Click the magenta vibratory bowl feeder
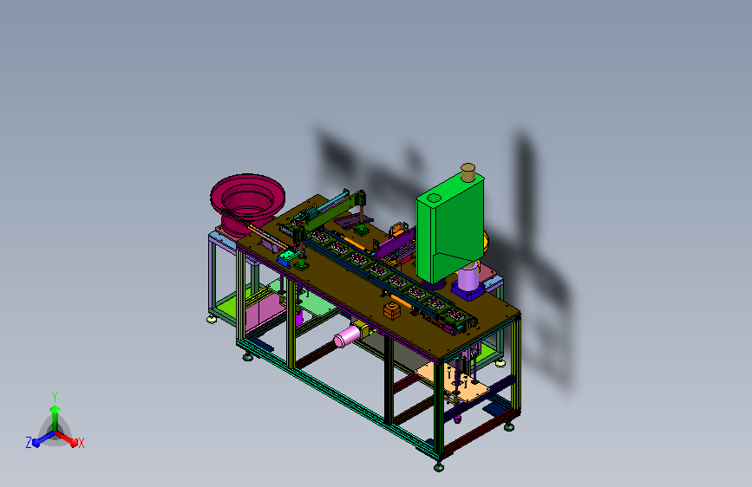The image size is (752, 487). tap(247, 204)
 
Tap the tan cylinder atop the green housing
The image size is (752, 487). tap(468, 172)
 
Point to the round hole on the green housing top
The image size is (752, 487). tap(434, 198)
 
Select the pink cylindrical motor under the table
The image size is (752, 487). tap(348, 335)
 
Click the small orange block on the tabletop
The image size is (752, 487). tap(392, 310)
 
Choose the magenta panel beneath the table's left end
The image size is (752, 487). tap(264, 312)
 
